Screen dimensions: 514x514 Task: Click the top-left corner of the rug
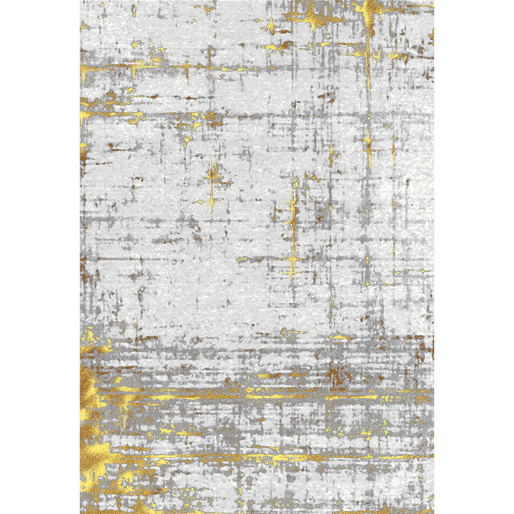(80, 1)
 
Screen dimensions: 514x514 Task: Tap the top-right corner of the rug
(434, 1)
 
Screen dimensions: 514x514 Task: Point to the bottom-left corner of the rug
(80, 513)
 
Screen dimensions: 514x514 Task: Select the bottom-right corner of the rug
(434, 513)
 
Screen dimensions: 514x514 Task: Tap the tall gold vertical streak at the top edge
(369, 26)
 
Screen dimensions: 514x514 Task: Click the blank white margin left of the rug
(39, 257)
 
